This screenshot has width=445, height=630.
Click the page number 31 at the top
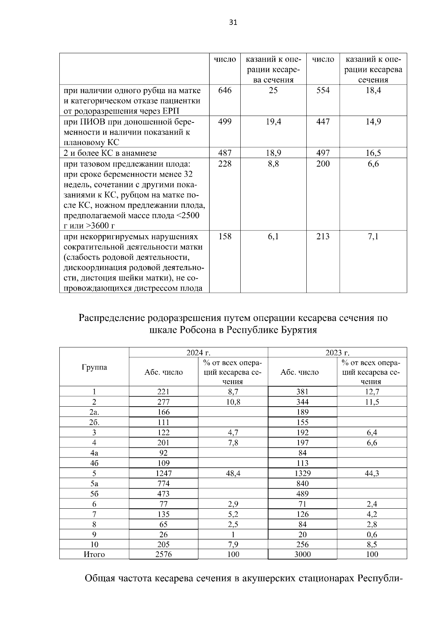233,22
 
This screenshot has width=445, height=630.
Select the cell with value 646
225,90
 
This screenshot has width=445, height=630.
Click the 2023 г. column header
337,352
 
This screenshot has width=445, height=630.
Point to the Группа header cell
94,367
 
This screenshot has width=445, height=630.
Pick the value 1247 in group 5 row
164,473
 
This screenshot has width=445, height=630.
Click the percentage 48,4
233,473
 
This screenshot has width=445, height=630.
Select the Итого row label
94,555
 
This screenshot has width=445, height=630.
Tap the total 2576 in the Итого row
164,555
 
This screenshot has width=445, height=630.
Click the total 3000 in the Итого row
303,555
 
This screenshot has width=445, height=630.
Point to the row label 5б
94,494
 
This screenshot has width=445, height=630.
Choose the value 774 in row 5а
164,483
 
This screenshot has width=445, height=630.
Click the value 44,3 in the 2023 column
372,473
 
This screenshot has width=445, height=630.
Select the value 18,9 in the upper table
273,153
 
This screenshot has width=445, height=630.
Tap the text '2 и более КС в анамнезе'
110,153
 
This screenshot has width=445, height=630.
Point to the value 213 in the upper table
323,236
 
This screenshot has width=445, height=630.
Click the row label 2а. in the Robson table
94,412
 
